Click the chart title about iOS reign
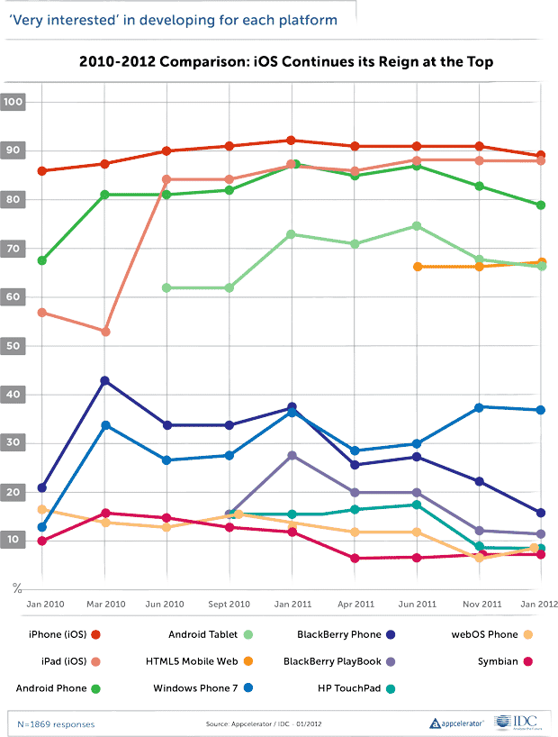point(286,61)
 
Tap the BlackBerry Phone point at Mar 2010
point(105,381)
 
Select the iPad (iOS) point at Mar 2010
point(105,332)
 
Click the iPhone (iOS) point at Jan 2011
point(291,141)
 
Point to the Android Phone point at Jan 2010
point(42,260)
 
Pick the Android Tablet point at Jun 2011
point(417,226)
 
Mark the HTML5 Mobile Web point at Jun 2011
point(417,267)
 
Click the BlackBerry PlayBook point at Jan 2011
point(291,456)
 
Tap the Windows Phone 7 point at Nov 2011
point(480,407)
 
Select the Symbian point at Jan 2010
point(42,541)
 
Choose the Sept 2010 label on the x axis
point(229,603)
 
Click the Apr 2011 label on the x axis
point(355,603)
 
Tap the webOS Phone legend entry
point(490,634)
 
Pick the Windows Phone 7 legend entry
point(193,688)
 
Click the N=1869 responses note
point(56,723)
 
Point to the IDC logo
point(517,723)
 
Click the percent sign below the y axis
point(15,588)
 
